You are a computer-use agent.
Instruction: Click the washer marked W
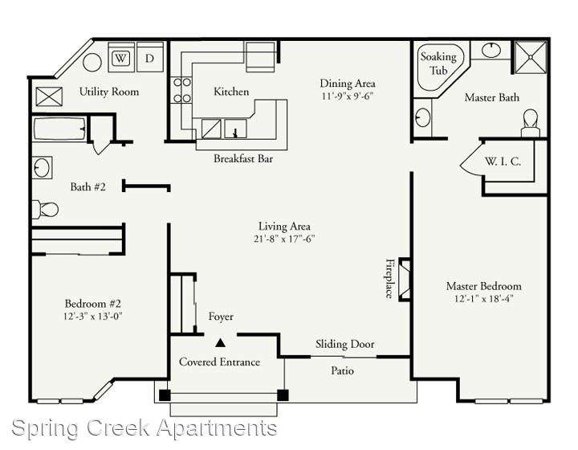(121, 57)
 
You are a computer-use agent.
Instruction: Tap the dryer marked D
(149, 57)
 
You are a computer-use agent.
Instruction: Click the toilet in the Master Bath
(531, 123)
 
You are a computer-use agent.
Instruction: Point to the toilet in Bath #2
(45, 210)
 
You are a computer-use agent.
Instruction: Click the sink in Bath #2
(42, 168)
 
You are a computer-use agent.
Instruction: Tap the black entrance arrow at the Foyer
(221, 343)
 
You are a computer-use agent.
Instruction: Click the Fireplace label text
(389, 278)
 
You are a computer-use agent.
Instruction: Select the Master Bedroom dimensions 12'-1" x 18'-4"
(483, 298)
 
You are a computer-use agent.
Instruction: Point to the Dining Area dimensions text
(348, 96)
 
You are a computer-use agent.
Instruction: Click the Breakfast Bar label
(243, 158)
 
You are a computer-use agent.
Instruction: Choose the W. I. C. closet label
(503, 162)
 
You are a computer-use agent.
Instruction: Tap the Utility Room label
(109, 92)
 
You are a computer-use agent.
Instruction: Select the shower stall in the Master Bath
(531, 57)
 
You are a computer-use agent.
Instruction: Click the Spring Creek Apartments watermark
(144, 428)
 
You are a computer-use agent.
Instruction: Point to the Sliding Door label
(344, 344)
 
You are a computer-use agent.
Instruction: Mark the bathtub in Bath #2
(59, 129)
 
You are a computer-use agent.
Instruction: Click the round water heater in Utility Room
(92, 63)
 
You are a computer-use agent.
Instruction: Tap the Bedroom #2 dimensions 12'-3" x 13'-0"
(92, 316)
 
